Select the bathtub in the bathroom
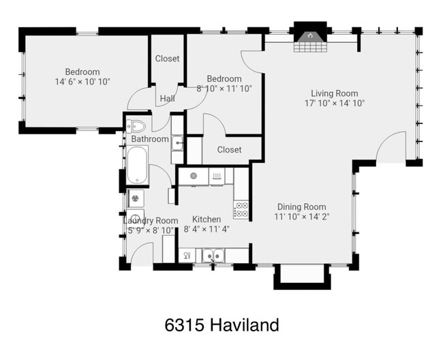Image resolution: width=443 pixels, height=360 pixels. click(x=137, y=166)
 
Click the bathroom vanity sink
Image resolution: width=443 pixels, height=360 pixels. click(x=177, y=142)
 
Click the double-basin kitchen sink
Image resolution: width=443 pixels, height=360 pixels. click(x=213, y=256)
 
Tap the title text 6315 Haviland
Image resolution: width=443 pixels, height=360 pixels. click(x=221, y=325)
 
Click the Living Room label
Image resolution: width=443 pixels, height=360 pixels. click(x=334, y=93)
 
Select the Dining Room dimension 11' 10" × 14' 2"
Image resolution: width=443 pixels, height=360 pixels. click(x=301, y=217)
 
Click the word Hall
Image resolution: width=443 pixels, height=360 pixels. click(x=167, y=99)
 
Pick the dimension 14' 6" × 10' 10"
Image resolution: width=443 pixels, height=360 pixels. click(x=82, y=82)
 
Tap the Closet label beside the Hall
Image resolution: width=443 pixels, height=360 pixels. click(x=167, y=59)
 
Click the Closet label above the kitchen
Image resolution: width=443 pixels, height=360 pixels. click(x=229, y=150)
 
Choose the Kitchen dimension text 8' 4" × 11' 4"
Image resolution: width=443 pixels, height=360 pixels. click(x=206, y=229)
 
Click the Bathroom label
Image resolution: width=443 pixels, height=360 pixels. click(x=150, y=139)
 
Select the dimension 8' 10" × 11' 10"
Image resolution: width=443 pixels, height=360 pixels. click(x=224, y=88)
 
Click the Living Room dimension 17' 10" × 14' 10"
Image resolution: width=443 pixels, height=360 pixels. click(x=334, y=104)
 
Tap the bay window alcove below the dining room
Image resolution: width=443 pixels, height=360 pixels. click(x=301, y=275)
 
